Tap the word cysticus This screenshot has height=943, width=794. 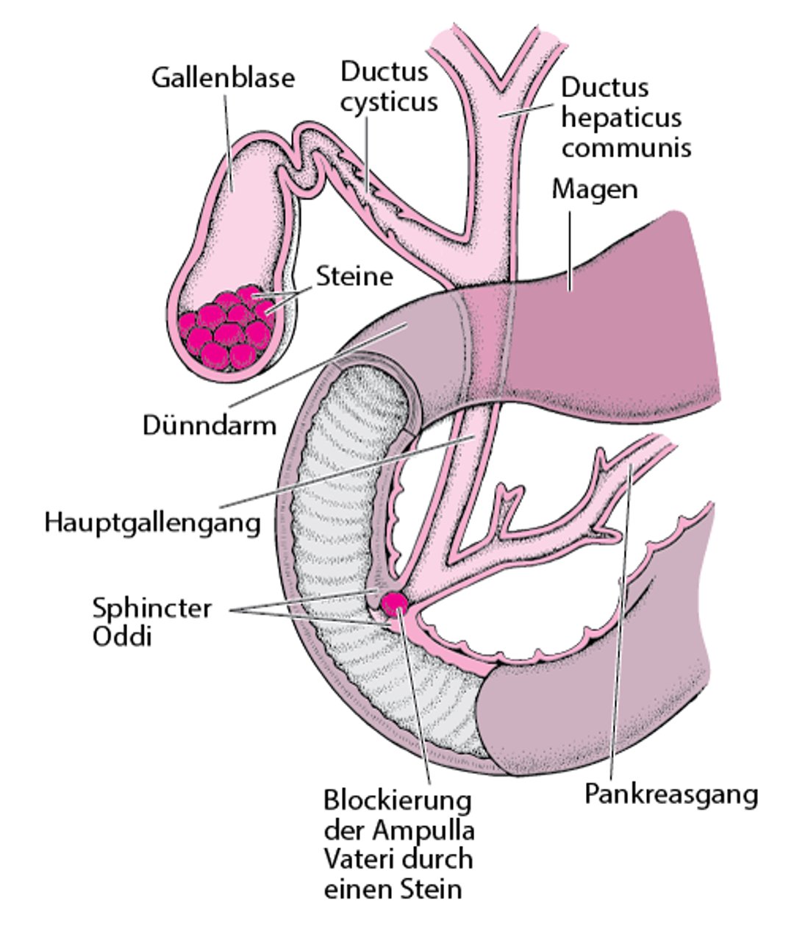389,102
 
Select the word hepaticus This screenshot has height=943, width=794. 621,118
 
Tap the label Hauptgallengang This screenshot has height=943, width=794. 153,523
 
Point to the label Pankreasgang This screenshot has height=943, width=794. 670,794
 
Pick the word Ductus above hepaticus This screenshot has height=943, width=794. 605,88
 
